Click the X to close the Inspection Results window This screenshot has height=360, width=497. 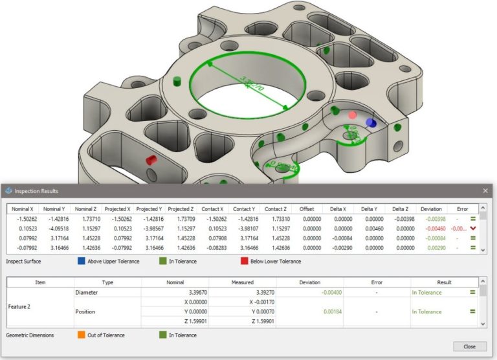tap(485, 191)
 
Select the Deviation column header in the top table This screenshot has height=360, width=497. tap(431, 209)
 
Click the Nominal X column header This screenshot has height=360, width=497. tap(24, 209)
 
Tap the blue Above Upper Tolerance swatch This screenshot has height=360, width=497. tap(82, 262)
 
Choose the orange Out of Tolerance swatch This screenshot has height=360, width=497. tap(82, 335)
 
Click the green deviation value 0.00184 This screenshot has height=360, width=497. tap(310, 311)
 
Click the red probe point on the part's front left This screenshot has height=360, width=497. tap(151, 160)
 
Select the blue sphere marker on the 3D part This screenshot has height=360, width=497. tap(370, 122)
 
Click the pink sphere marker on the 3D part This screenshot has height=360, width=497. tap(353, 115)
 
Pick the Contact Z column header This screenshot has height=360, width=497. tap(275, 209)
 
